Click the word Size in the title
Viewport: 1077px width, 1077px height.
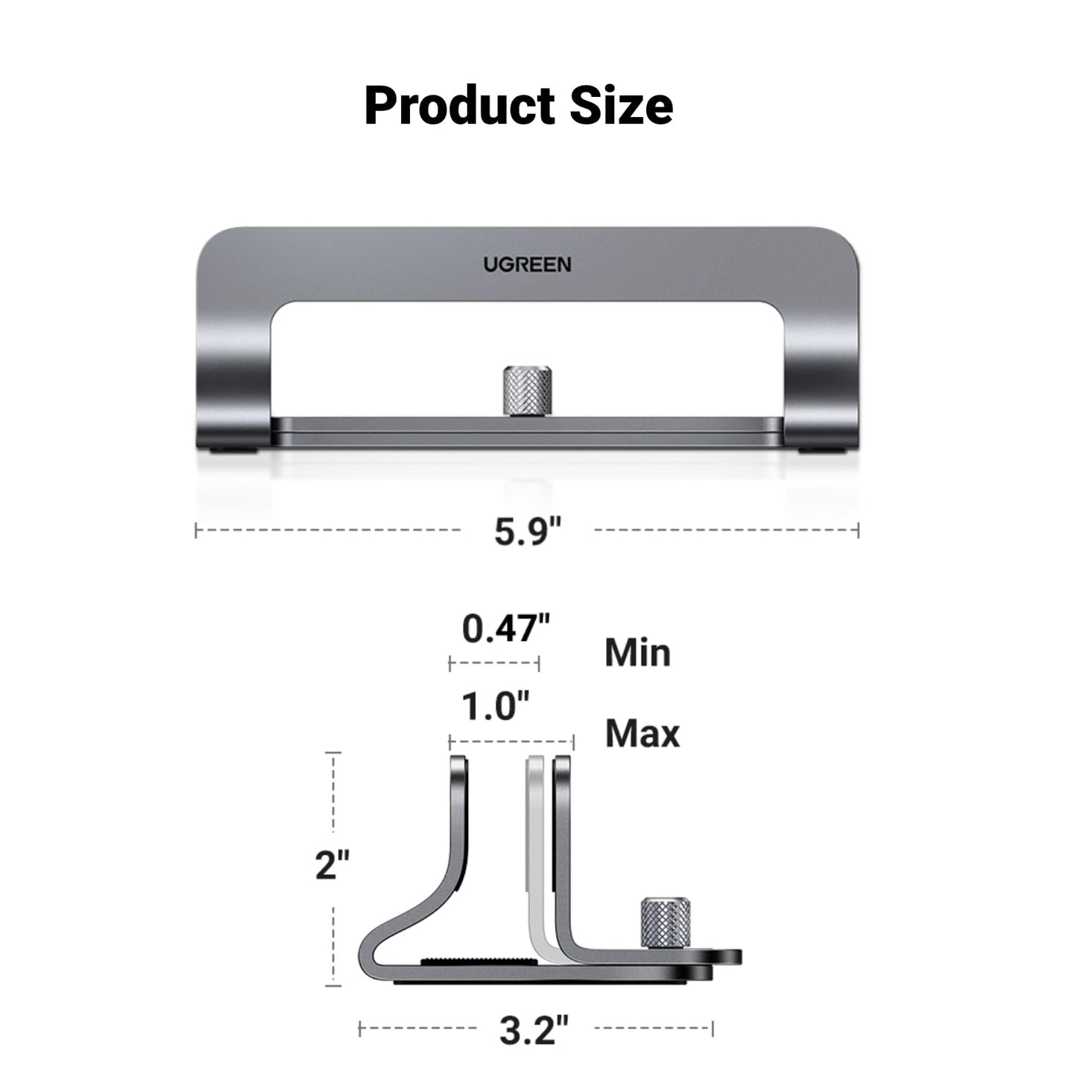click(622, 106)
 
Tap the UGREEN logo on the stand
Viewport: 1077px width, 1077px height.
click(527, 265)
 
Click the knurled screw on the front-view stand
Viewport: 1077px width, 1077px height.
click(527, 391)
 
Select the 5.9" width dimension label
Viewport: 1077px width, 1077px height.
click(527, 531)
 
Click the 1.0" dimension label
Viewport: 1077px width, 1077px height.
click(495, 706)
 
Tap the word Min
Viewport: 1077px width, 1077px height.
click(637, 653)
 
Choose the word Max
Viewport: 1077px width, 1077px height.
click(642, 733)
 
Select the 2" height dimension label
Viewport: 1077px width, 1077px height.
click(332, 865)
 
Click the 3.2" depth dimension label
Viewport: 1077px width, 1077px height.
click(534, 1031)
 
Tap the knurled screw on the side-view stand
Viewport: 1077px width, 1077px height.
click(666, 923)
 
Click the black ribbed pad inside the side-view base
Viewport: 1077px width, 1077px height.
click(477, 962)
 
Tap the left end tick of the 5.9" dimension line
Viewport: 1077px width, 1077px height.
click(196, 531)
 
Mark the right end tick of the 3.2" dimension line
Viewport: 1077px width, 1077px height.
click(713, 1029)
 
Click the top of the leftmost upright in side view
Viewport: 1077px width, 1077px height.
click(459, 762)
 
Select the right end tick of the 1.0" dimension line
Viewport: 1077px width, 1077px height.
click(573, 742)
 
